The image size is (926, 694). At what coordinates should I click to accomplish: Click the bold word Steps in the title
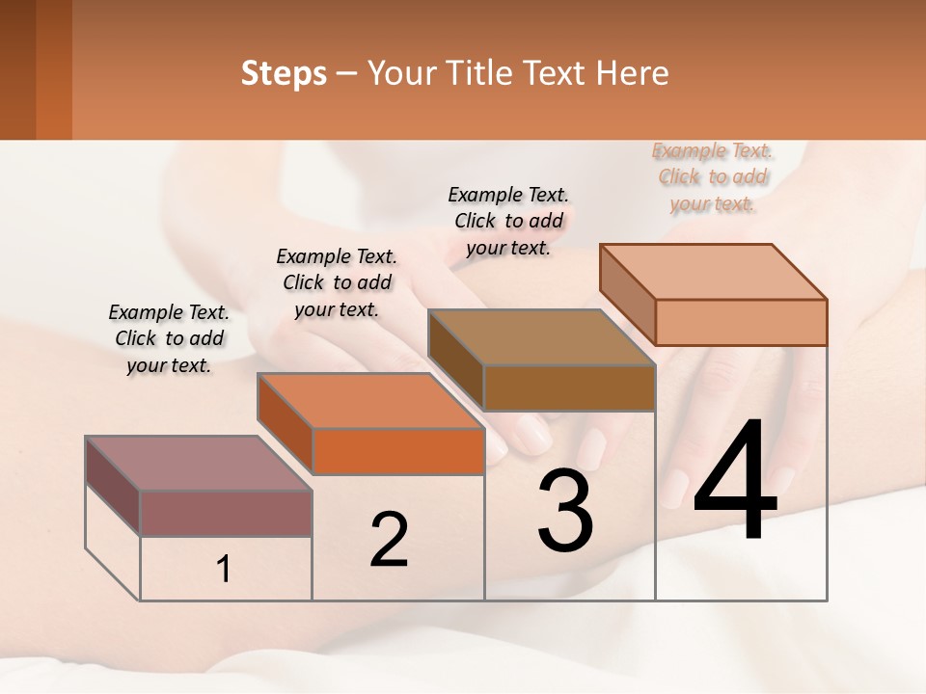[x=284, y=73]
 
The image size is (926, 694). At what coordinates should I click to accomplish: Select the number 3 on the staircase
[x=565, y=511]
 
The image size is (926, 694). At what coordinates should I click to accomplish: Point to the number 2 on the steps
[x=389, y=540]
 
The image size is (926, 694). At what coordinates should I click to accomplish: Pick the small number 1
[x=224, y=570]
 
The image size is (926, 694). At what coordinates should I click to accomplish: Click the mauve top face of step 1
[x=198, y=463]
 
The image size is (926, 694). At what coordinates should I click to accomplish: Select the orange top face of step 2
[x=369, y=400]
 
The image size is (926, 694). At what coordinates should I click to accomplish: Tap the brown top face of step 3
[x=541, y=337]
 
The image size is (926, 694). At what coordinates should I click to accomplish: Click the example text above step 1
[x=169, y=338]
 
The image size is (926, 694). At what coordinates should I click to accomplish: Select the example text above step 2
[x=337, y=282]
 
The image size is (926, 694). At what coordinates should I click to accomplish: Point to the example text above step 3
[x=508, y=221]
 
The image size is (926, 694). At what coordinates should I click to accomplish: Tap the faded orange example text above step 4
[x=713, y=176]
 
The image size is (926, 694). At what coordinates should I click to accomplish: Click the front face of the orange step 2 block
[x=398, y=451]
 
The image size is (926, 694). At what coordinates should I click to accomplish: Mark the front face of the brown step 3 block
[x=569, y=387]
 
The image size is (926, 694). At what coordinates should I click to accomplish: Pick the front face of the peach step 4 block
[x=741, y=322]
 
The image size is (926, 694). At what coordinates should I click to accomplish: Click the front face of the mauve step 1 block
[x=226, y=513]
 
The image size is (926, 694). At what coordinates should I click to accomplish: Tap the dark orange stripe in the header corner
[x=54, y=69]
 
